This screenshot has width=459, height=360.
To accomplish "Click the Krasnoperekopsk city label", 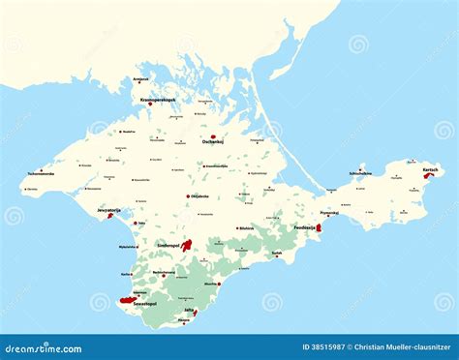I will pos(157,100).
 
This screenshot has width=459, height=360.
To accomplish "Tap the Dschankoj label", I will pos(214,146).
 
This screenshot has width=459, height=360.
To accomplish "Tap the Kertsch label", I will pos(430,170).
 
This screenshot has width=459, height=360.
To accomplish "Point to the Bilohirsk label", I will pos(246,228).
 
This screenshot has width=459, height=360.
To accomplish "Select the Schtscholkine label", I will pos(361,174).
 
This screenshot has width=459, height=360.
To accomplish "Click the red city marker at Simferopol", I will pos(187,246).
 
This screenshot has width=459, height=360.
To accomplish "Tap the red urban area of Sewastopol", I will pos(128,301).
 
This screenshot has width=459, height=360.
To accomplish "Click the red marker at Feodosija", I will pos(319,228).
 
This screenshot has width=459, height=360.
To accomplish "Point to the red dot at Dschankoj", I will pos(213,137).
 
